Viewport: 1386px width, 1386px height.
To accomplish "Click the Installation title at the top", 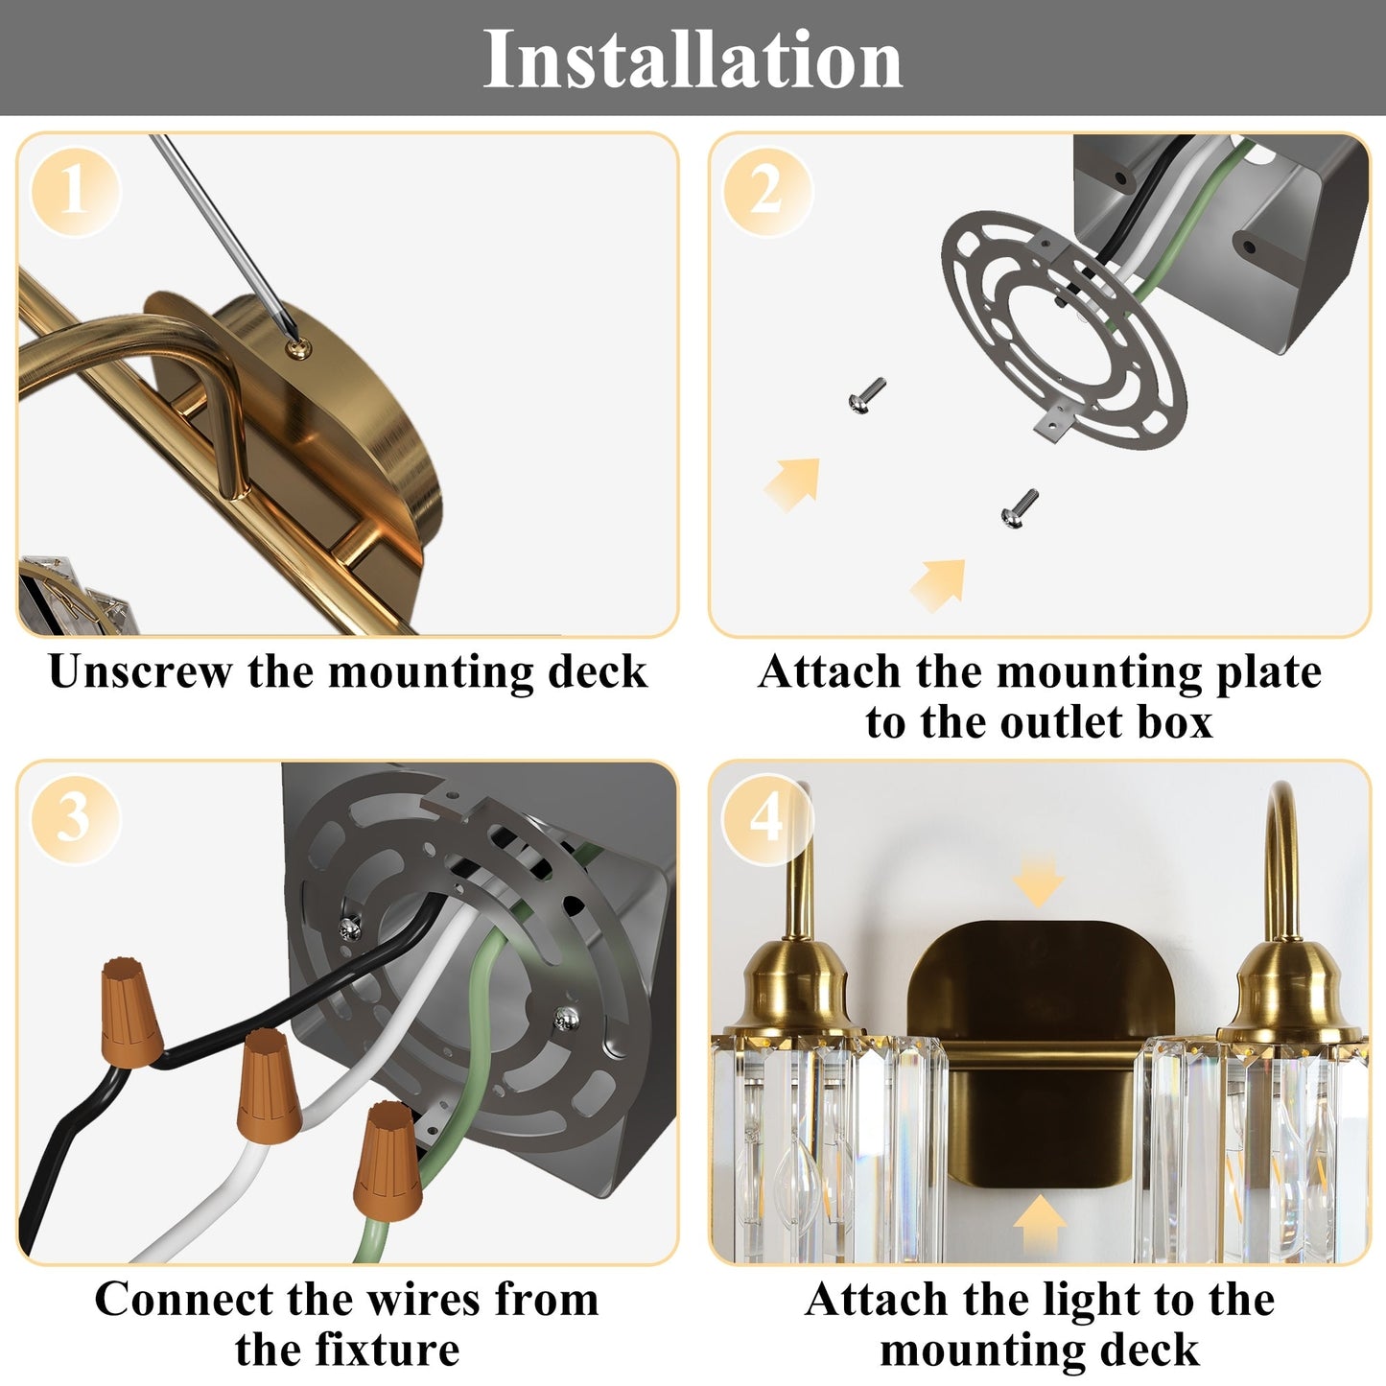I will point(692,59).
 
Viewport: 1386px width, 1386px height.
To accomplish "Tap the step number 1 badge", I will point(75,191).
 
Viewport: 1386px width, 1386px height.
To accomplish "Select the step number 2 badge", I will point(766,191).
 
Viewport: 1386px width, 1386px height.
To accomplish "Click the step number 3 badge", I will point(75,818).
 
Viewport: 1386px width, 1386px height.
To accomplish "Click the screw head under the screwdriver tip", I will point(300,345).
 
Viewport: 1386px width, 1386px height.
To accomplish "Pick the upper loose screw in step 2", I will point(866,395).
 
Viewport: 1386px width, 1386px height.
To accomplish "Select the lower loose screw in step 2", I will point(1019,507).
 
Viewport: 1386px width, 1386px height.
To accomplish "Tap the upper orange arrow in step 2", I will point(794,482).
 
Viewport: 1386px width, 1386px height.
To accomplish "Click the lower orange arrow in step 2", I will point(939,583).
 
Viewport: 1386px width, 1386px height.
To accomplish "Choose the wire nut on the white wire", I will point(269,1087).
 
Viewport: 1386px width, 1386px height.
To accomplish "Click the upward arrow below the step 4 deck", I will point(1039,1223).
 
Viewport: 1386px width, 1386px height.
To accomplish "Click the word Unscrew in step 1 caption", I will point(140,671).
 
